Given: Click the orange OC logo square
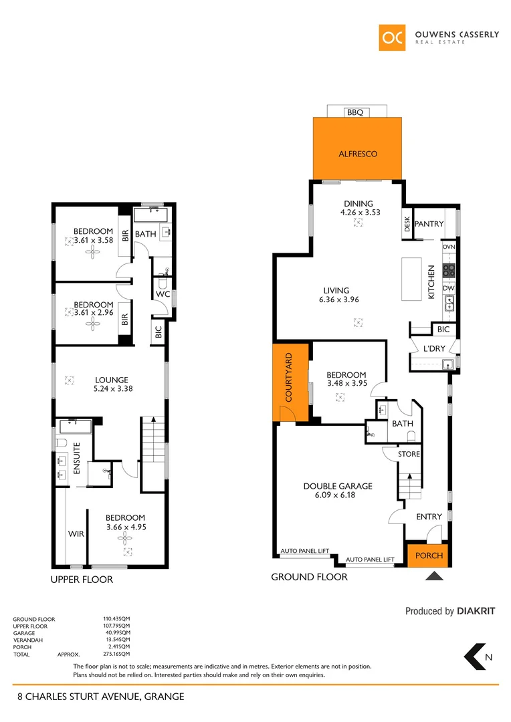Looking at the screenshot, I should [392, 37].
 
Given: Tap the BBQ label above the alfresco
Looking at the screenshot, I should [355, 112].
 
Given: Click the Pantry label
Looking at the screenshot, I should [429, 224].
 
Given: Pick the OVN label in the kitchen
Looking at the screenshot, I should [449, 247].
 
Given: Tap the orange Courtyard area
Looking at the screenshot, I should [290, 382].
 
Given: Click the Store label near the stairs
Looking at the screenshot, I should [409, 454].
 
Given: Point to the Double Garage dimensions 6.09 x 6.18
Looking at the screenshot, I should [337, 495].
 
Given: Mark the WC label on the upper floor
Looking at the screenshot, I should [163, 294].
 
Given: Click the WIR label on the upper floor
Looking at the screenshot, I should [75, 534].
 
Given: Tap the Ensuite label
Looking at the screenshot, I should [76, 459].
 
